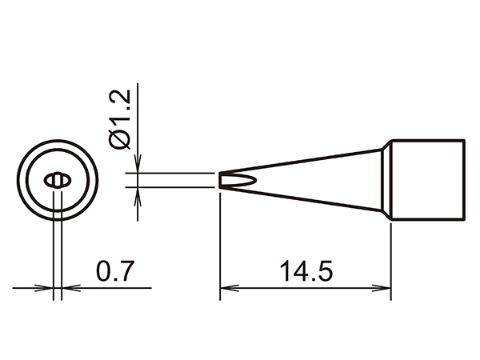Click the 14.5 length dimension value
click(304, 270)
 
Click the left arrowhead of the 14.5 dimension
click(226, 289)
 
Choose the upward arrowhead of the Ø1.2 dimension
click(138, 194)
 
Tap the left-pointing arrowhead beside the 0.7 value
click(67, 288)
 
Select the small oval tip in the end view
click(57, 180)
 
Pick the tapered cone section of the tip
click(320, 179)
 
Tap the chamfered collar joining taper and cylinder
click(385, 179)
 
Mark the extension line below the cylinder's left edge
click(390, 256)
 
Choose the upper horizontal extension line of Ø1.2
click(176, 172)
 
